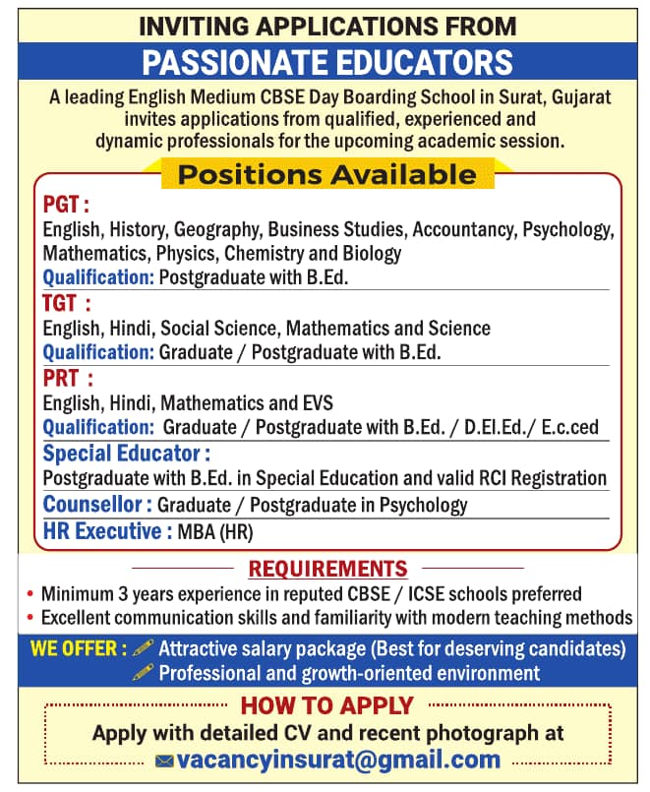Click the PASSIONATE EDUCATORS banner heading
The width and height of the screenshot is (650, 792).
pos(327,63)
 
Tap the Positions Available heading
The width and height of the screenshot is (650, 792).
pos(326,175)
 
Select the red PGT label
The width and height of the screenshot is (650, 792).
pos(66,205)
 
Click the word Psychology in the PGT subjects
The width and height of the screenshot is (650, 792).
pos(568,230)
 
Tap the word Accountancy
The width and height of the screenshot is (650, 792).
pos(464,230)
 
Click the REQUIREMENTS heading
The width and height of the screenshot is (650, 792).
pos(327,569)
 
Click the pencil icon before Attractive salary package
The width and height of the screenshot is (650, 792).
pos(144,648)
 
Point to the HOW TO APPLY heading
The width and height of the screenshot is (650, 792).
pos(327,705)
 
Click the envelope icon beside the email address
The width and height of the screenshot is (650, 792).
pos(165,761)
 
